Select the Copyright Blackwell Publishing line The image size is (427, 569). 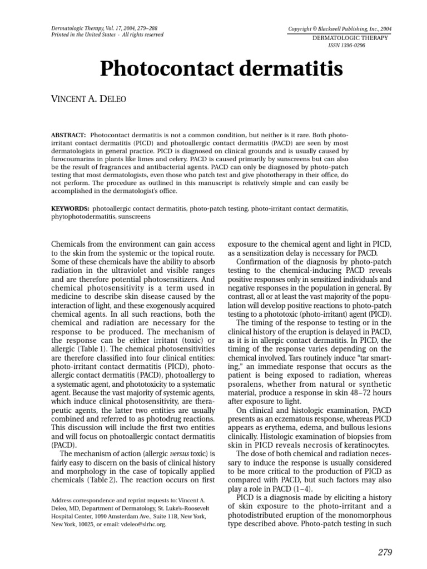coord(340,28)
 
